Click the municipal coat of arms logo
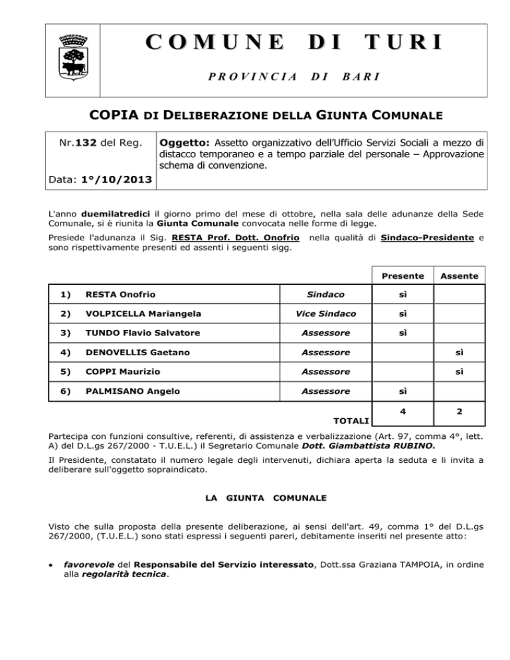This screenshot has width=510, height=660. tap(70, 52)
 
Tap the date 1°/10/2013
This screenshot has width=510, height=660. tap(114, 181)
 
